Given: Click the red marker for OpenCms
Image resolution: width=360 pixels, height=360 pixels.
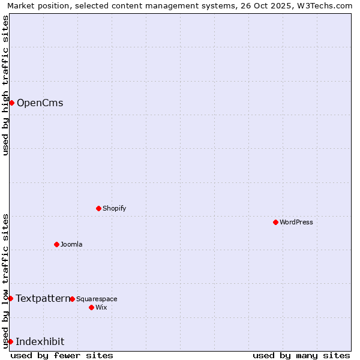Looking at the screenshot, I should coord(11,103).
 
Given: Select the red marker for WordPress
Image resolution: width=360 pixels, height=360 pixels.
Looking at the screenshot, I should coord(275,222).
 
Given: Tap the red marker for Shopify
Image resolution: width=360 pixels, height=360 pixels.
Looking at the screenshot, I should coord(98,208).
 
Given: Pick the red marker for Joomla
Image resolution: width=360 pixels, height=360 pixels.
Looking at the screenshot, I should coord(56,244).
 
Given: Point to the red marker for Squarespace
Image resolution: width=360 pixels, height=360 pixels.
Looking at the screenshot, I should coord(72,299).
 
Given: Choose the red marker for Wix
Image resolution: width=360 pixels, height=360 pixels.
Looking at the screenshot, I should coord(91,307).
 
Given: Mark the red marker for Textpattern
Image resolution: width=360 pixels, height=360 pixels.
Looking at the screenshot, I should coord(10,298).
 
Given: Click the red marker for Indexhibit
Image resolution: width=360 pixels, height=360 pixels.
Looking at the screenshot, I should coord(10,341).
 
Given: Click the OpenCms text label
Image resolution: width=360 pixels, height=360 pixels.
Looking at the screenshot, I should coord(40,103).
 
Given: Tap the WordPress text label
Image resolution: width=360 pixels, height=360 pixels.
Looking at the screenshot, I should coord(296,222).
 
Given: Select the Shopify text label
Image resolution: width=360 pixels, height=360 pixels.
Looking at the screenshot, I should coord(114,208).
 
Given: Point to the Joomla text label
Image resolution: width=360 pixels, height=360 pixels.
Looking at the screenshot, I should coord(71,244).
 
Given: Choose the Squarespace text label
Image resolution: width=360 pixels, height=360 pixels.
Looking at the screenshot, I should coord(97,299).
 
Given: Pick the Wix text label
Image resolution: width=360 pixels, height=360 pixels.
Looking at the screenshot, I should coord(101,307).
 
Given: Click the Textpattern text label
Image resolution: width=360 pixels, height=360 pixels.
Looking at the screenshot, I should coord(43,298).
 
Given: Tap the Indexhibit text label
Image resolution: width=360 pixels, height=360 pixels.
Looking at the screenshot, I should coord(40,341).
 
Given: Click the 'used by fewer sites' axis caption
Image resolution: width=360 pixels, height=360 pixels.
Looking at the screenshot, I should coord(62,355).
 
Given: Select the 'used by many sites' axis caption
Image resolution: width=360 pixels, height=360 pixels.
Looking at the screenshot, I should coord(301,355).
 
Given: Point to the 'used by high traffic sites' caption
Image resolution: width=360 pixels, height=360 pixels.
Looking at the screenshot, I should coord(5,85).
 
